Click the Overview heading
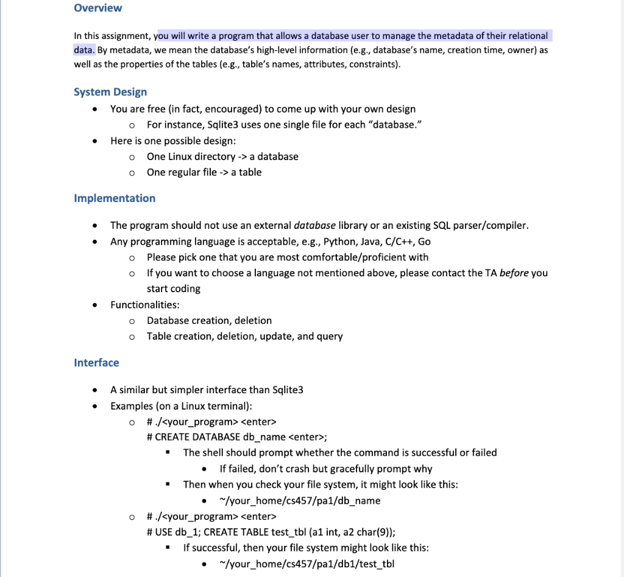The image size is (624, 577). pyautogui.click(x=97, y=9)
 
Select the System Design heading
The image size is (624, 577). pyautogui.click(x=110, y=92)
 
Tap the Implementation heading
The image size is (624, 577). pyautogui.click(x=115, y=198)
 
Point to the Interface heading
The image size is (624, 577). pyautogui.click(x=96, y=363)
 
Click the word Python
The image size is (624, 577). pyautogui.click(x=339, y=242)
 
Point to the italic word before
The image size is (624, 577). pyautogui.click(x=514, y=273)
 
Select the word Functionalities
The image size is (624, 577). pyautogui.click(x=144, y=304)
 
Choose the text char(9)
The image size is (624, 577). pyautogui.click(x=375, y=531)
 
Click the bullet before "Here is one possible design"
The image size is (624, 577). pyautogui.click(x=94, y=141)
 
